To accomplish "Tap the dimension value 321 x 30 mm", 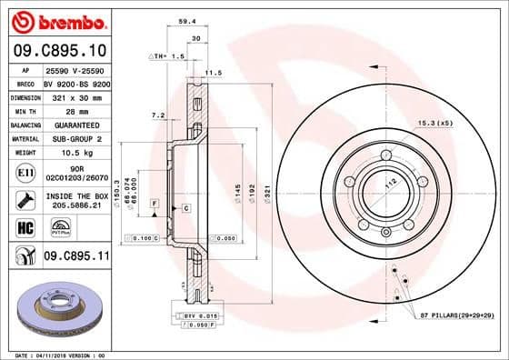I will pyautogui.click(x=77, y=95).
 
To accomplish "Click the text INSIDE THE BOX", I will pyautogui.click(x=76, y=195).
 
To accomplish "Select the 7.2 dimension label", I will pyautogui.click(x=157, y=115).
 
